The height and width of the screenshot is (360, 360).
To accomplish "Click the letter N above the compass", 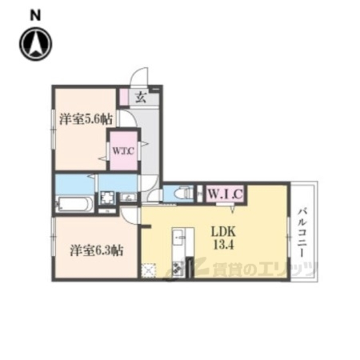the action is [36, 16].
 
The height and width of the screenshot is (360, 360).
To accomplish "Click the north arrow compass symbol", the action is [36, 44].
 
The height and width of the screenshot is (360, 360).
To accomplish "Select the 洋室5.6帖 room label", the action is [86, 120].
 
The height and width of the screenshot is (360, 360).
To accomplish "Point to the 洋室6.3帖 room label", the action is [96, 250].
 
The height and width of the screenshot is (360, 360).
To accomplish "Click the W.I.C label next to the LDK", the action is [225, 194].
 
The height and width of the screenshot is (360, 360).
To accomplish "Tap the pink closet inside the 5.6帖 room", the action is [123, 150].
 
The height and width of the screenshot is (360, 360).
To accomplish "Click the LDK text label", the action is [224, 232].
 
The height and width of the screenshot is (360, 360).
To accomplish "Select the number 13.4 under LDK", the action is [224, 245].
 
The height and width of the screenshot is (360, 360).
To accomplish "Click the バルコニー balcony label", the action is [303, 232].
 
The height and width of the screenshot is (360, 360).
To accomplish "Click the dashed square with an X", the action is [148, 270].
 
